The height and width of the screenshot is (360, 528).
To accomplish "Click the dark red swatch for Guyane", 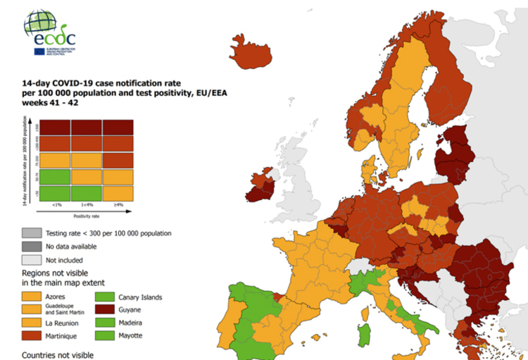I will (109, 310).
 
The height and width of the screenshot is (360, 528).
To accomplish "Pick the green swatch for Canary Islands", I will (109, 297).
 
